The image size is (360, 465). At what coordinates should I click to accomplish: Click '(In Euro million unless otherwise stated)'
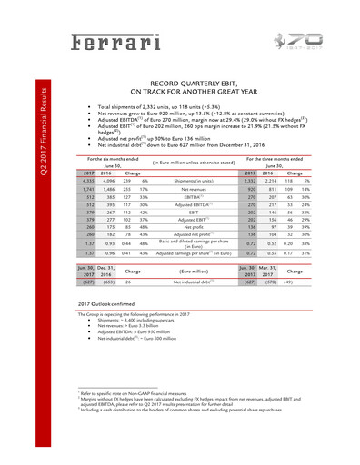193,164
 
